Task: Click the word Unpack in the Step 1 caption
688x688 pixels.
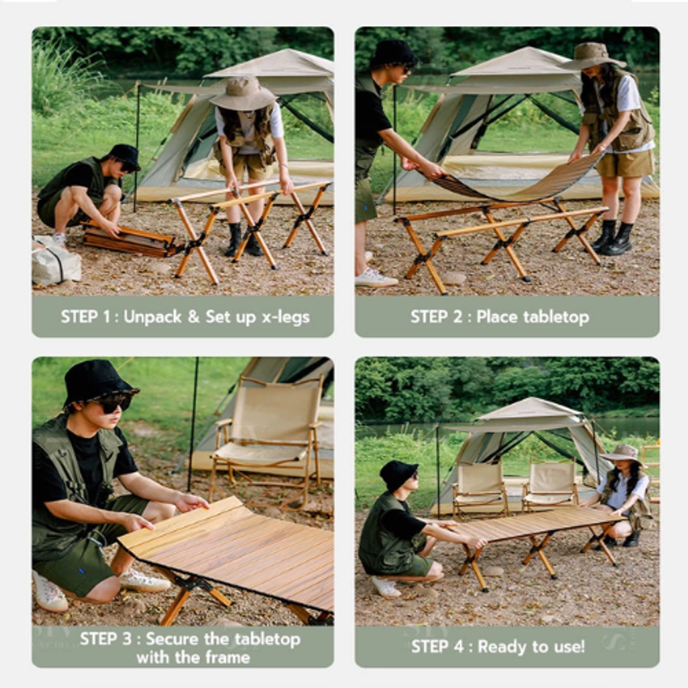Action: click(x=153, y=317)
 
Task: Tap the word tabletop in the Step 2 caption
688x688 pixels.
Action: click(x=556, y=317)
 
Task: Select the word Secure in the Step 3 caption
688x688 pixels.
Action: click(x=172, y=639)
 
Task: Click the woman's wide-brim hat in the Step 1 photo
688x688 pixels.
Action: click(x=243, y=93)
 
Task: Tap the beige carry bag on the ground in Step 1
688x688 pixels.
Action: click(x=56, y=261)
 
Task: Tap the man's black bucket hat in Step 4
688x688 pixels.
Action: click(x=398, y=475)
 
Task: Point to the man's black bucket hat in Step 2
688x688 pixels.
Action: click(x=394, y=53)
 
